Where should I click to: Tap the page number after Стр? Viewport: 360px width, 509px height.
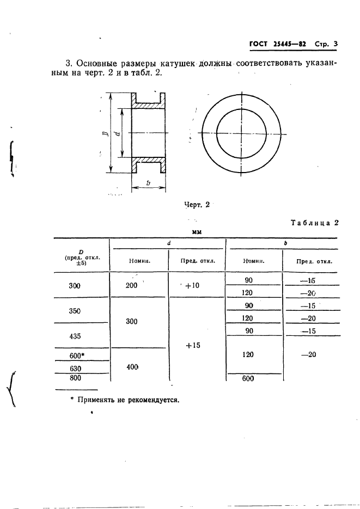click(335, 45)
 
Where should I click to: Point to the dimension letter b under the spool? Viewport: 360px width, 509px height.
click(148, 184)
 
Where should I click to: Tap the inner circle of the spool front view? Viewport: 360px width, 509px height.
click(241, 133)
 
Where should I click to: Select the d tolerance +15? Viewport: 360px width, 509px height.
click(192, 345)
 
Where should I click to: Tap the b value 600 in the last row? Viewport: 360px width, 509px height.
click(248, 379)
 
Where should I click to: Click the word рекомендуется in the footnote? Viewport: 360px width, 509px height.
click(154, 399)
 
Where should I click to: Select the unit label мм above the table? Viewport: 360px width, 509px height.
click(197, 232)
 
